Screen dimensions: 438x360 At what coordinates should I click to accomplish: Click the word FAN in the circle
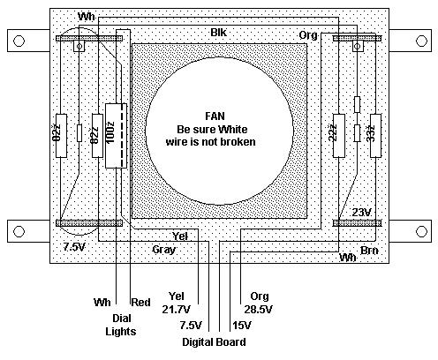215,116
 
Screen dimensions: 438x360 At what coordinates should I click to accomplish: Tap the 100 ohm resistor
116,136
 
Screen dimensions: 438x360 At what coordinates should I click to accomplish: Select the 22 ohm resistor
338,136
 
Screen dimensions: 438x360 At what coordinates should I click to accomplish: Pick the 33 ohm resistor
375,136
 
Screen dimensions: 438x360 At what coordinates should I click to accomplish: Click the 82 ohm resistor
97,136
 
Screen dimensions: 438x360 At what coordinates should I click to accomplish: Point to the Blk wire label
219,33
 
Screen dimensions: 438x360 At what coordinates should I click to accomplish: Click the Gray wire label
164,250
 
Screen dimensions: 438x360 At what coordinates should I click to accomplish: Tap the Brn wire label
369,251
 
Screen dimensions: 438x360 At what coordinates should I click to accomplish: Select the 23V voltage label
362,212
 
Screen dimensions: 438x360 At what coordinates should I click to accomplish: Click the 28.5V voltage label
258,310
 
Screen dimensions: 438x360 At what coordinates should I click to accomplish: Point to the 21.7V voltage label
176,310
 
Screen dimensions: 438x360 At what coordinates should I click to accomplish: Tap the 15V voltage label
242,326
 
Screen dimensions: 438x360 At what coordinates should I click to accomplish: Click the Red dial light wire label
140,303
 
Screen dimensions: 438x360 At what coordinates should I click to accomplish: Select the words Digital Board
214,342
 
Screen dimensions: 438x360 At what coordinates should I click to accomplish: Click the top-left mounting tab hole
19,41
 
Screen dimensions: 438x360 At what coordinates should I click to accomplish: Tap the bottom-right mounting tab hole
421,231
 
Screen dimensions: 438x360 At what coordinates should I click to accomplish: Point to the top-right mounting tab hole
421,41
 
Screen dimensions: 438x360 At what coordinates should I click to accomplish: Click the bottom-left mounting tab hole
19,231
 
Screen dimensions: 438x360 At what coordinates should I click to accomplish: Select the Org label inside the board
308,35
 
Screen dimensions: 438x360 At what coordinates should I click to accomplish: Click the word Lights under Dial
121,332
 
